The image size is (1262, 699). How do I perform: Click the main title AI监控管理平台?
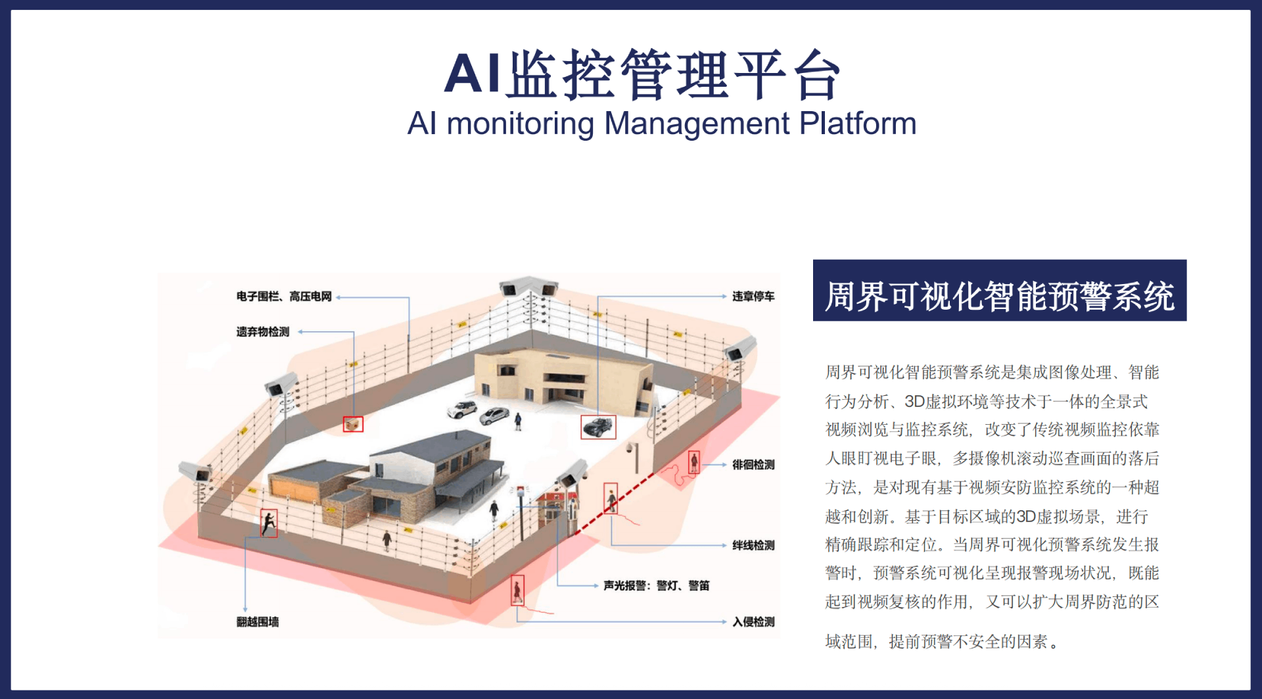(642, 74)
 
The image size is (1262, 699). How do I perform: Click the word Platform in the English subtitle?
(857, 124)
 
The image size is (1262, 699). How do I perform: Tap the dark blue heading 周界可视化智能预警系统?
(999, 296)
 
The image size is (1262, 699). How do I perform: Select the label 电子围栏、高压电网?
(284, 297)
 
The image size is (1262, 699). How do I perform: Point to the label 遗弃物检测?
(262, 332)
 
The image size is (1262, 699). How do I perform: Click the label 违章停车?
(753, 297)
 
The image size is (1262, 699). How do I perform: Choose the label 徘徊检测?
(753, 465)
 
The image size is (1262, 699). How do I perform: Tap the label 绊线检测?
(753, 546)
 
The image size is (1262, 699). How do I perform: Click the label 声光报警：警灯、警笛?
(656, 586)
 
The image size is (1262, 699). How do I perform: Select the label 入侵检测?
(753, 622)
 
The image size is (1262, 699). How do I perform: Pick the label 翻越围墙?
(258, 622)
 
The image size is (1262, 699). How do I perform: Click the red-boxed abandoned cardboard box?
(353, 424)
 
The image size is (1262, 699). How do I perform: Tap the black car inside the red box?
(598, 427)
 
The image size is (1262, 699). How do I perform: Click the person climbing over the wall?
(269, 523)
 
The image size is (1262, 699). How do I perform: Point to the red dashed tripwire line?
(615, 503)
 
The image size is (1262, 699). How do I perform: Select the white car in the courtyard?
(462, 409)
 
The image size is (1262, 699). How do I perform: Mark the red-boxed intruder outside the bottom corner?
(518, 591)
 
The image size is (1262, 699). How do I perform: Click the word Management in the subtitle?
(697, 124)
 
